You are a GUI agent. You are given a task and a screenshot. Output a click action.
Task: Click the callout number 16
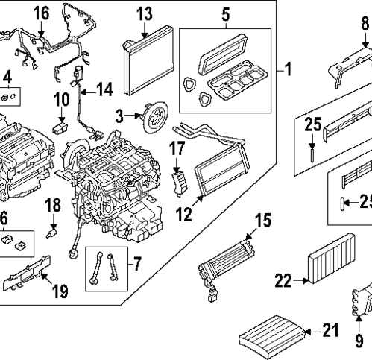40,13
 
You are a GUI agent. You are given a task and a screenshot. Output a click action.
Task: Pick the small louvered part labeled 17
179,180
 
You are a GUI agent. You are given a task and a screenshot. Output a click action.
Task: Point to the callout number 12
183,215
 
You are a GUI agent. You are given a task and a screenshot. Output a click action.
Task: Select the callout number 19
60,289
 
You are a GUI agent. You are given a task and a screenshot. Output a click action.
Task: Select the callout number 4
7,77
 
